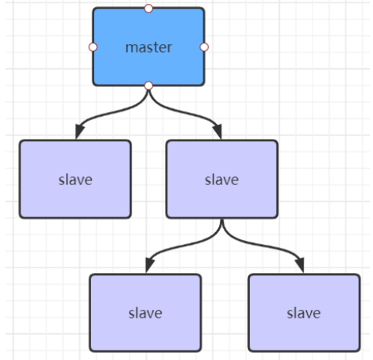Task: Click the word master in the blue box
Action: point(148,48)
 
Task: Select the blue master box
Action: point(148,47)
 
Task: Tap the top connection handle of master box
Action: point(148,9)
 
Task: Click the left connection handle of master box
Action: point(93,47)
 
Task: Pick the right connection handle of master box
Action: point(204,47)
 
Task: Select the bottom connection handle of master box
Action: point(148,85)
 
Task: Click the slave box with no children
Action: point(75,180)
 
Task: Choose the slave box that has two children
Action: point(221,180)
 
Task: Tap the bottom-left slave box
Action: point(145,313)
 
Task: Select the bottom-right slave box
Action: point(304,313)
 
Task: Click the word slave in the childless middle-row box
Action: point(75,180)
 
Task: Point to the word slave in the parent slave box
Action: point(221,180)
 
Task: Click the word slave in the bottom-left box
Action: point(145,313)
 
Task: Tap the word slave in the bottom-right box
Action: point(304,313)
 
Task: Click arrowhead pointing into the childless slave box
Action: point(79,131)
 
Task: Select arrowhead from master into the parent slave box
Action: point(218,131)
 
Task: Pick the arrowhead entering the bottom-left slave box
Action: point(149,264)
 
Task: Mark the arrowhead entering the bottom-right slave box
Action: point(300,264)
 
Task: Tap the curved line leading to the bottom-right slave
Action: point(261,245)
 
